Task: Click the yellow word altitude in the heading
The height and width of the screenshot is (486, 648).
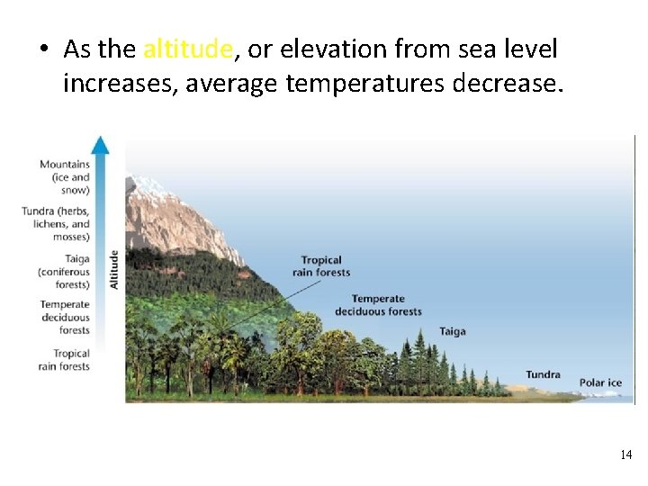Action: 188,49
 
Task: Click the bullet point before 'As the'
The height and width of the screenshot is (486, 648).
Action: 43,50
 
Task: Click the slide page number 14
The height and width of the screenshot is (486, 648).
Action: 625,455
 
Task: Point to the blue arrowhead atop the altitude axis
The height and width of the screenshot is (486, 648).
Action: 101,144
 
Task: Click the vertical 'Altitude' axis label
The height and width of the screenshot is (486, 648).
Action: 113,269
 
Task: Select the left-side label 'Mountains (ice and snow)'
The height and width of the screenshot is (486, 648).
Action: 65,177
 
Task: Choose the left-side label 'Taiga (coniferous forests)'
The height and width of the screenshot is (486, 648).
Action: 64,272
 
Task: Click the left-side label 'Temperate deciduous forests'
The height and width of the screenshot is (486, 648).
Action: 65,318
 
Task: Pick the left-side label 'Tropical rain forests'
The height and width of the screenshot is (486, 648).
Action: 65,360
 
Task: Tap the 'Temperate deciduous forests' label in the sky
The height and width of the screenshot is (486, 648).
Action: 378,305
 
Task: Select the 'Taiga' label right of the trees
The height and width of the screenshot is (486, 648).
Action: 452,331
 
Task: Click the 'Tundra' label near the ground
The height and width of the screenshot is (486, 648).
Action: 543,374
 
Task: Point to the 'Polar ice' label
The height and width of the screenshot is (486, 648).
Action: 600,382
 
